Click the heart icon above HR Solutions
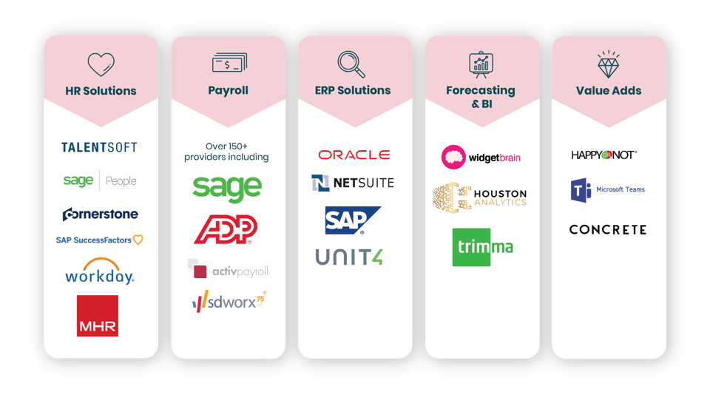101,64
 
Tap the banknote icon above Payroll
228,64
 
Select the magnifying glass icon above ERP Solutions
351,64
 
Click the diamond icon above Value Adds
609,64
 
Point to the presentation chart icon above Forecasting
481,64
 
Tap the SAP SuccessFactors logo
100,240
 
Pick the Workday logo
100,272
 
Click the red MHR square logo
98,316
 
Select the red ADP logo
225,229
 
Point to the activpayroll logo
228,270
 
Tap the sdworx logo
228,301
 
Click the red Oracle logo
354,155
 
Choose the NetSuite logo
353,183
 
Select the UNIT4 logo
349,257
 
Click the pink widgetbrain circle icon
453,157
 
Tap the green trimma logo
482,247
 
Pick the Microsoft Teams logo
608,190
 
